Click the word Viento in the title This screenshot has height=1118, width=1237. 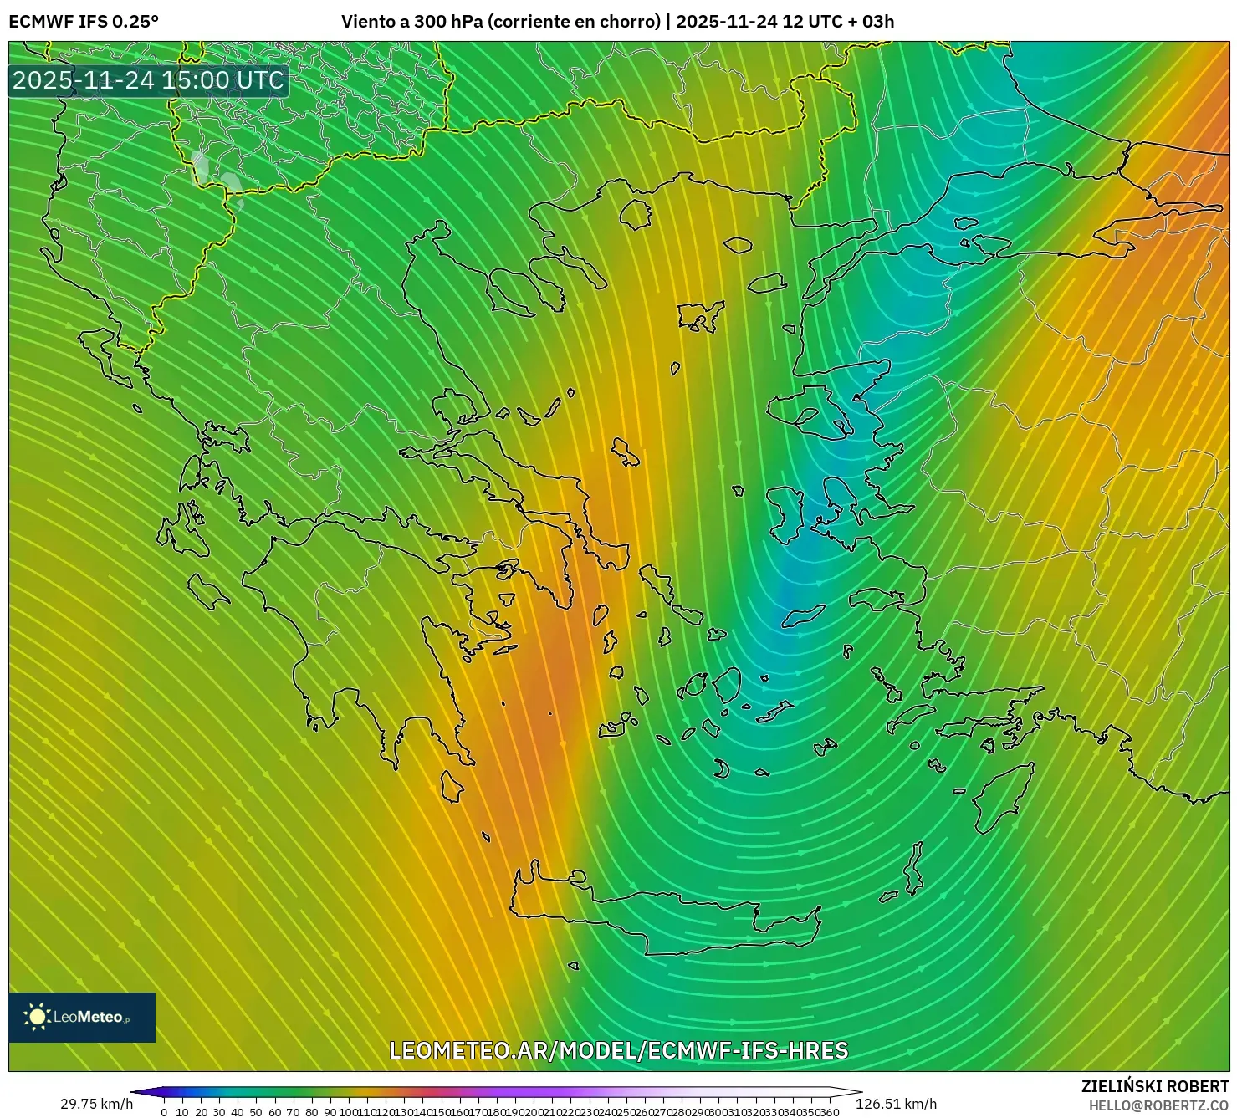[367, 22]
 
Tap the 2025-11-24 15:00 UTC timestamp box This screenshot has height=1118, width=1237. [149, 81]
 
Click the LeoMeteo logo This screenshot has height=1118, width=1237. [82, 1017]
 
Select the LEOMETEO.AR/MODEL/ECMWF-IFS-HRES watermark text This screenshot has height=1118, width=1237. [619, 1050]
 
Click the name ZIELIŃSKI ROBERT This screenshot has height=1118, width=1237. [1154, 1086]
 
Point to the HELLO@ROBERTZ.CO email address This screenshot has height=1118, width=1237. [1158, 1105]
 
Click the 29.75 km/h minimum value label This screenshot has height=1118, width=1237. [96, 1104]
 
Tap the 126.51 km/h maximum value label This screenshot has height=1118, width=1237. [896, 1104]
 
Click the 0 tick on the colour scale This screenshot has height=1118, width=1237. [164, 1112]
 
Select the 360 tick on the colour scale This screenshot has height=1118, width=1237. [829, 1112]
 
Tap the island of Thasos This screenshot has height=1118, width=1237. [636, 214]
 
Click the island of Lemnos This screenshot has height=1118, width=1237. [701, 316]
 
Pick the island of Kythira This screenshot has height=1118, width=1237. [452, 787]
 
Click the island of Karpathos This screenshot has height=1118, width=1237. [914, 870]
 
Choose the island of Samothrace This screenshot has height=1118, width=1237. [738, 245]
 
